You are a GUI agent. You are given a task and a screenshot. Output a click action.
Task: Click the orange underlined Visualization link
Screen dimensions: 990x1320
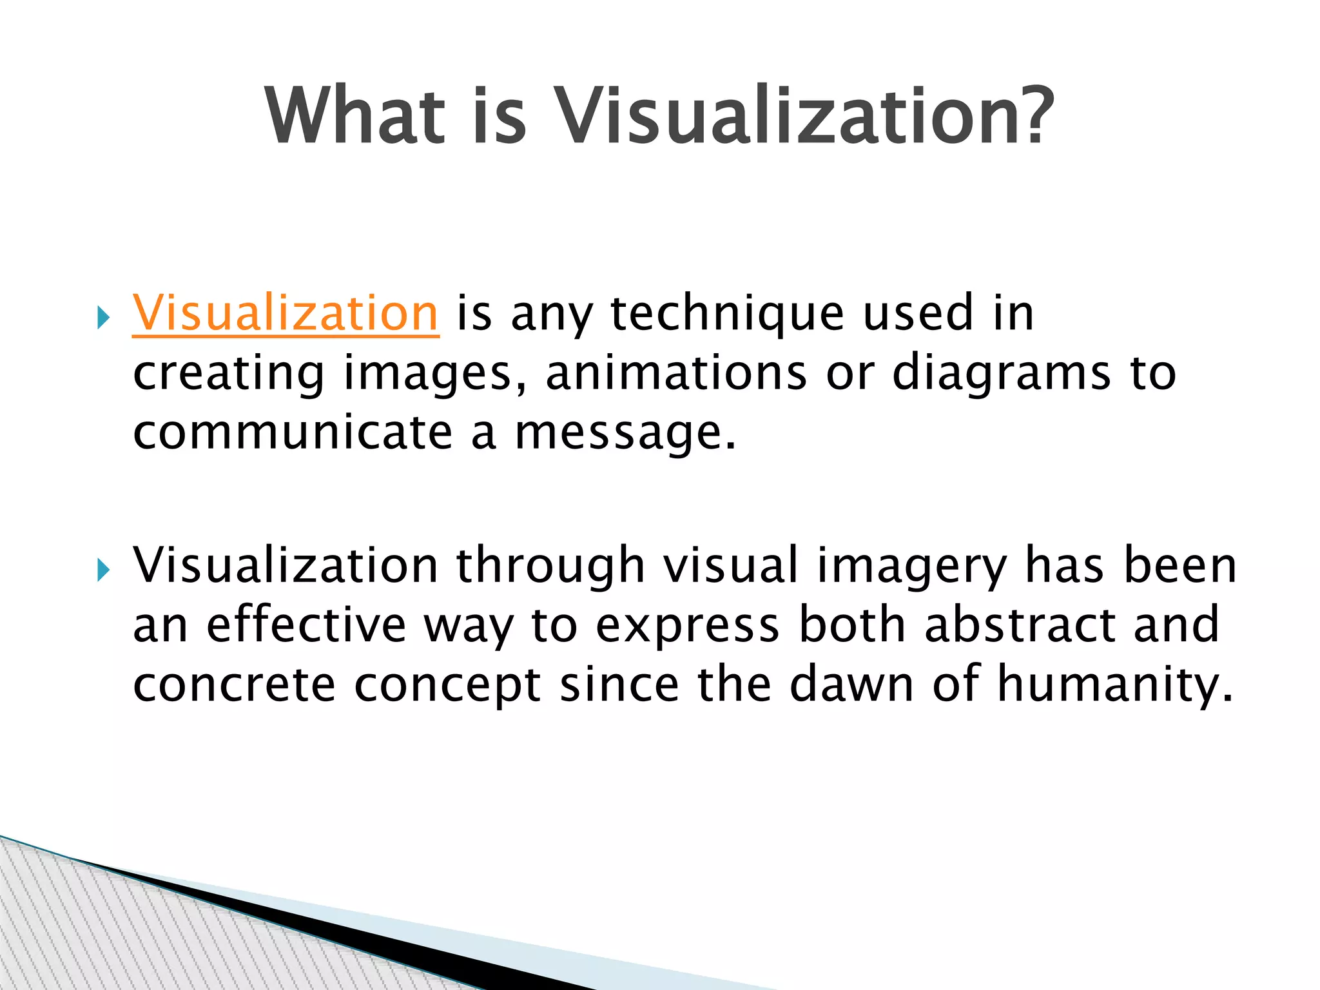pos(286,314)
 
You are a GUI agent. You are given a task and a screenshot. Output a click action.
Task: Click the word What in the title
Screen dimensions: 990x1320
pos(355,117)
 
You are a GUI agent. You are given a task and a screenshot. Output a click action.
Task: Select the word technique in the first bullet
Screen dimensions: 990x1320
pos(726,314)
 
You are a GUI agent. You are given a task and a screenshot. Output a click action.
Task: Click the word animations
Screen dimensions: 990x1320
pos(676,373)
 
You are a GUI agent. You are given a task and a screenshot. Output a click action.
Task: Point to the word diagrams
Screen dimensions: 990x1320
pos(1002,374)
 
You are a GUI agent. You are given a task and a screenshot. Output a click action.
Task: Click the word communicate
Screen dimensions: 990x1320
pos(293,432)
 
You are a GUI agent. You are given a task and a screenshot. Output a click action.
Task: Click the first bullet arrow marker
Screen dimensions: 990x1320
pos(103,318)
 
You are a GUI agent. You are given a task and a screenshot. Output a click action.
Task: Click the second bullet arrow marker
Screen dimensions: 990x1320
pos(103,570)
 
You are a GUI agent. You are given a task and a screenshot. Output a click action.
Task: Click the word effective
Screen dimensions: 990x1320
pos(306,625)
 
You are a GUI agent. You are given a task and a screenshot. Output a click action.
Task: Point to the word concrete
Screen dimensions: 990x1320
pos(234,684)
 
